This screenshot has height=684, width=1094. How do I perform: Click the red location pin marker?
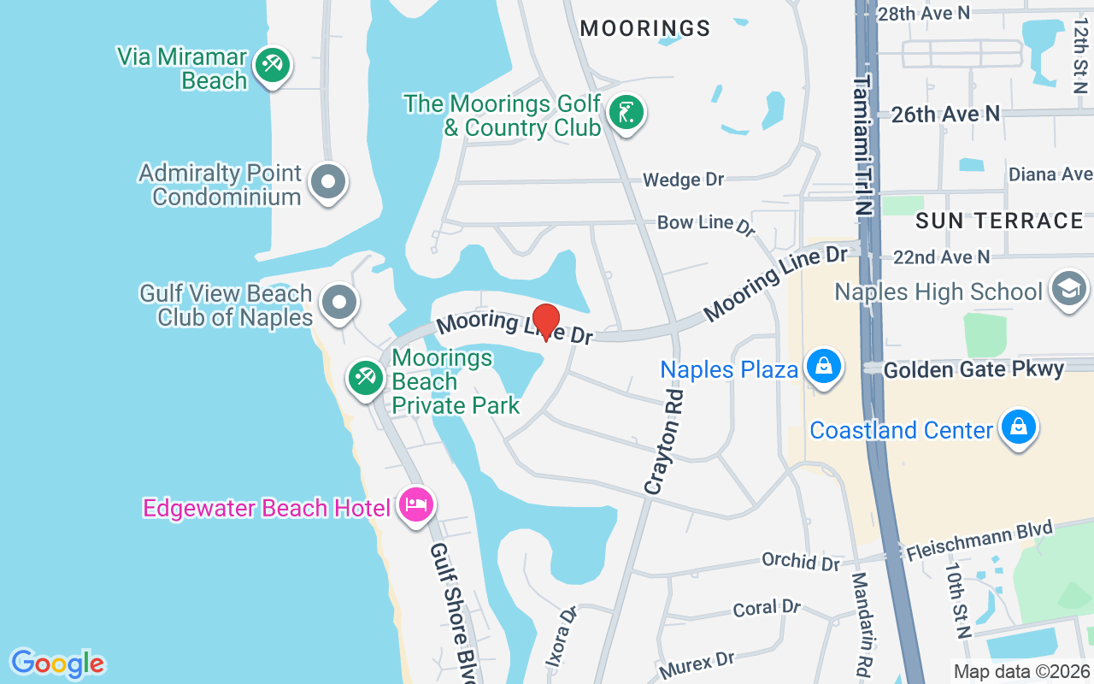545,321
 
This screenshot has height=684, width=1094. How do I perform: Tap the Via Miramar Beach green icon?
273,65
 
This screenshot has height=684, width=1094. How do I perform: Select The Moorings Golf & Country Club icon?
626,113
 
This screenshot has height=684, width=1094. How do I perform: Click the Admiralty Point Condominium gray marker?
328,182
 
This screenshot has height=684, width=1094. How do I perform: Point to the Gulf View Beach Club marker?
339,302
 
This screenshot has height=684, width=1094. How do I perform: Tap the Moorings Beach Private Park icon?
366,378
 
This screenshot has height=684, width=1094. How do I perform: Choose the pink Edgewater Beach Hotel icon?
416,504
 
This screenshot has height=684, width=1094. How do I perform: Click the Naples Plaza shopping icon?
823,367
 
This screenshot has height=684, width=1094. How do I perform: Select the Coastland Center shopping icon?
1018,427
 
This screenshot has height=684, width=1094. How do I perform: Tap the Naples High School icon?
1067,289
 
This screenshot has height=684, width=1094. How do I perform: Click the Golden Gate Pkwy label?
973,369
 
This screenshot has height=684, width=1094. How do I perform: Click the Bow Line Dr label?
706,224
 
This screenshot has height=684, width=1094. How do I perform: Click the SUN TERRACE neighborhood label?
999,221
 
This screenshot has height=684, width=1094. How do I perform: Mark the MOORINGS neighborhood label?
645,28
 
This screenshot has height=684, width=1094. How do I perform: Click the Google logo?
57,663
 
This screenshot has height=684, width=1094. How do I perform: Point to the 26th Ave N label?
945,114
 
